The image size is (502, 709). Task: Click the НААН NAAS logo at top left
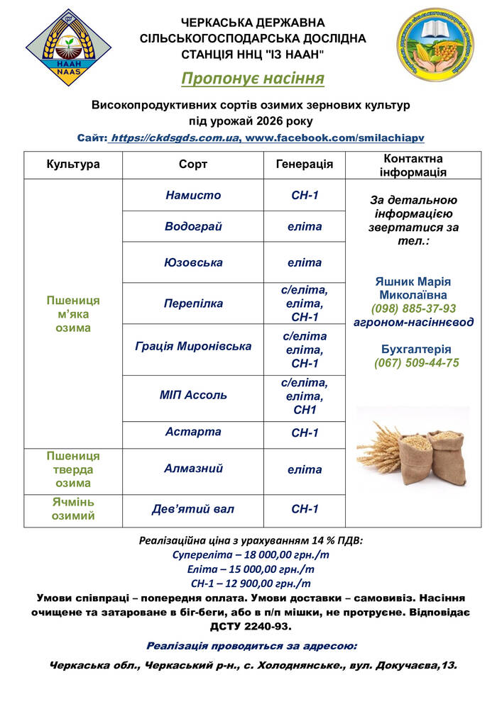[x=69, y=48]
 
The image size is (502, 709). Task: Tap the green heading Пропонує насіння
[x=252, y=77]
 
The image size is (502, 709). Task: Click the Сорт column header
[x=193, y=164]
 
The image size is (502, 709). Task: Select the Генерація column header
[x=304, y=164]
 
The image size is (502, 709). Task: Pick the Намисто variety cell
[x=193, y=195]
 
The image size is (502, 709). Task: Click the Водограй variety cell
[x=193, y=227]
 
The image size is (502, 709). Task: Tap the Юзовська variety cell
[x=193, y=262]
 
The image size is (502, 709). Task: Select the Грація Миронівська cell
[x=193, y=347]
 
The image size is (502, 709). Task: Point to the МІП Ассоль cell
[x=193, y=395]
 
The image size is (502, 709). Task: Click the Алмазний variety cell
[x=193, y=469]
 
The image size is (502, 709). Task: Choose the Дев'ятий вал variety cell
[x=193, y=509]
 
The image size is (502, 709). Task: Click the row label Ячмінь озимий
[x=73, y=509]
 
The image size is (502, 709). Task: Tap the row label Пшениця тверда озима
[x=73, y=469]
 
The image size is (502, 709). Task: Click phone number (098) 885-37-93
[x=413, y=308]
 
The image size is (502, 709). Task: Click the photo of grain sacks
[x=413, y=447]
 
